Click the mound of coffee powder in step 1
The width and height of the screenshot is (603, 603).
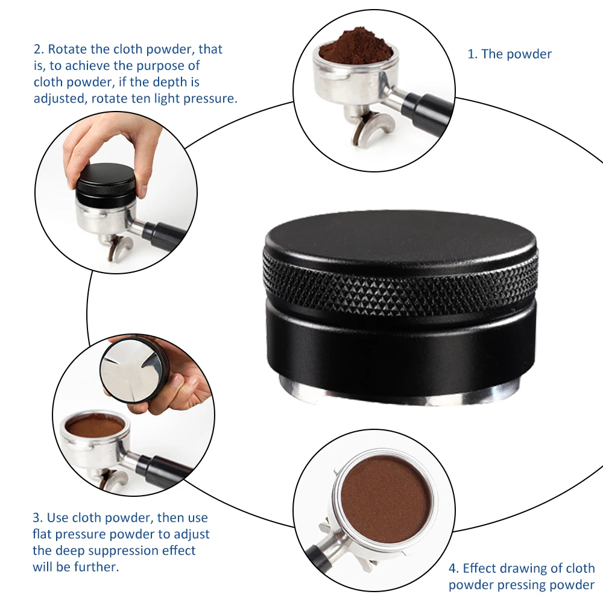tap(356, 47)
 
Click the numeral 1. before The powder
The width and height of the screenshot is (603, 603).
tap(472, 54)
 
